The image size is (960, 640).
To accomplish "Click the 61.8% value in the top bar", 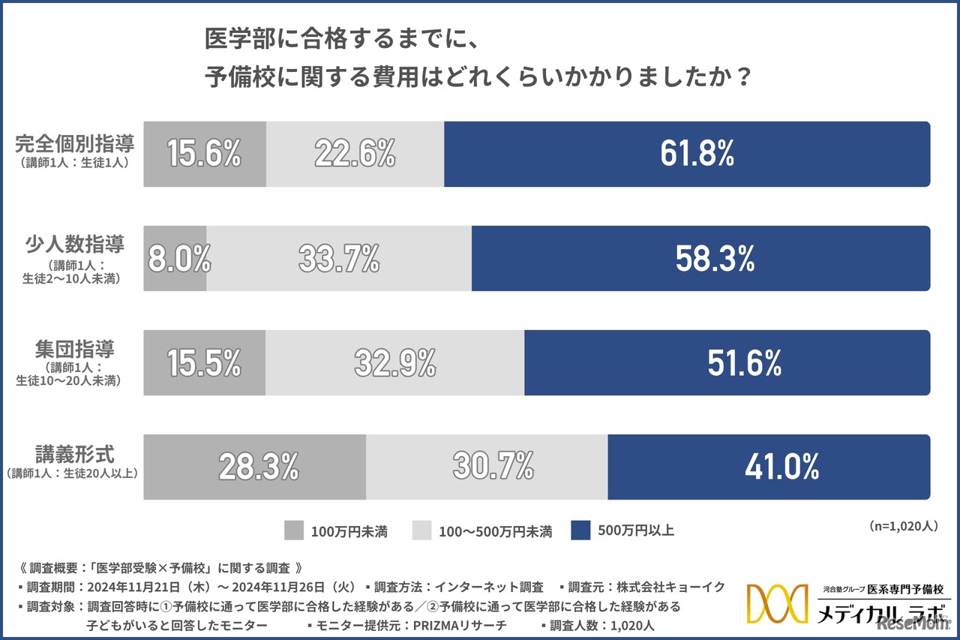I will [697, 154].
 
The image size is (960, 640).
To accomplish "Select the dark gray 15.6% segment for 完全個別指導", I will [204, 154].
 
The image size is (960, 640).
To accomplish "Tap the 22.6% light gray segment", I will [355, 154].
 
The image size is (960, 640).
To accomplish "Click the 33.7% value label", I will [339, 259].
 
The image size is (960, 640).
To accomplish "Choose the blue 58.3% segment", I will [700, 259].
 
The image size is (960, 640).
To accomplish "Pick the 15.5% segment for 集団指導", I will [204, 363].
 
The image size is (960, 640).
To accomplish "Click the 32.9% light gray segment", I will [394, 363].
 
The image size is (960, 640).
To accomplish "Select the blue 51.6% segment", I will [727, 363].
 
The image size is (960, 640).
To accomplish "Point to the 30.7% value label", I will [493, 467].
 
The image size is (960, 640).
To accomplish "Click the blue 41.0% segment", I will [769, 467].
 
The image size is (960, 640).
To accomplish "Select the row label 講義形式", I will [74, 455].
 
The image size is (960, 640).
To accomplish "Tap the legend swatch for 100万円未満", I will [294, 530].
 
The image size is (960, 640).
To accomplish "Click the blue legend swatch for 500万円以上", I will [580, 530].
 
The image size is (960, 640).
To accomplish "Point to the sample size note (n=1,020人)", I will [904, 526].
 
